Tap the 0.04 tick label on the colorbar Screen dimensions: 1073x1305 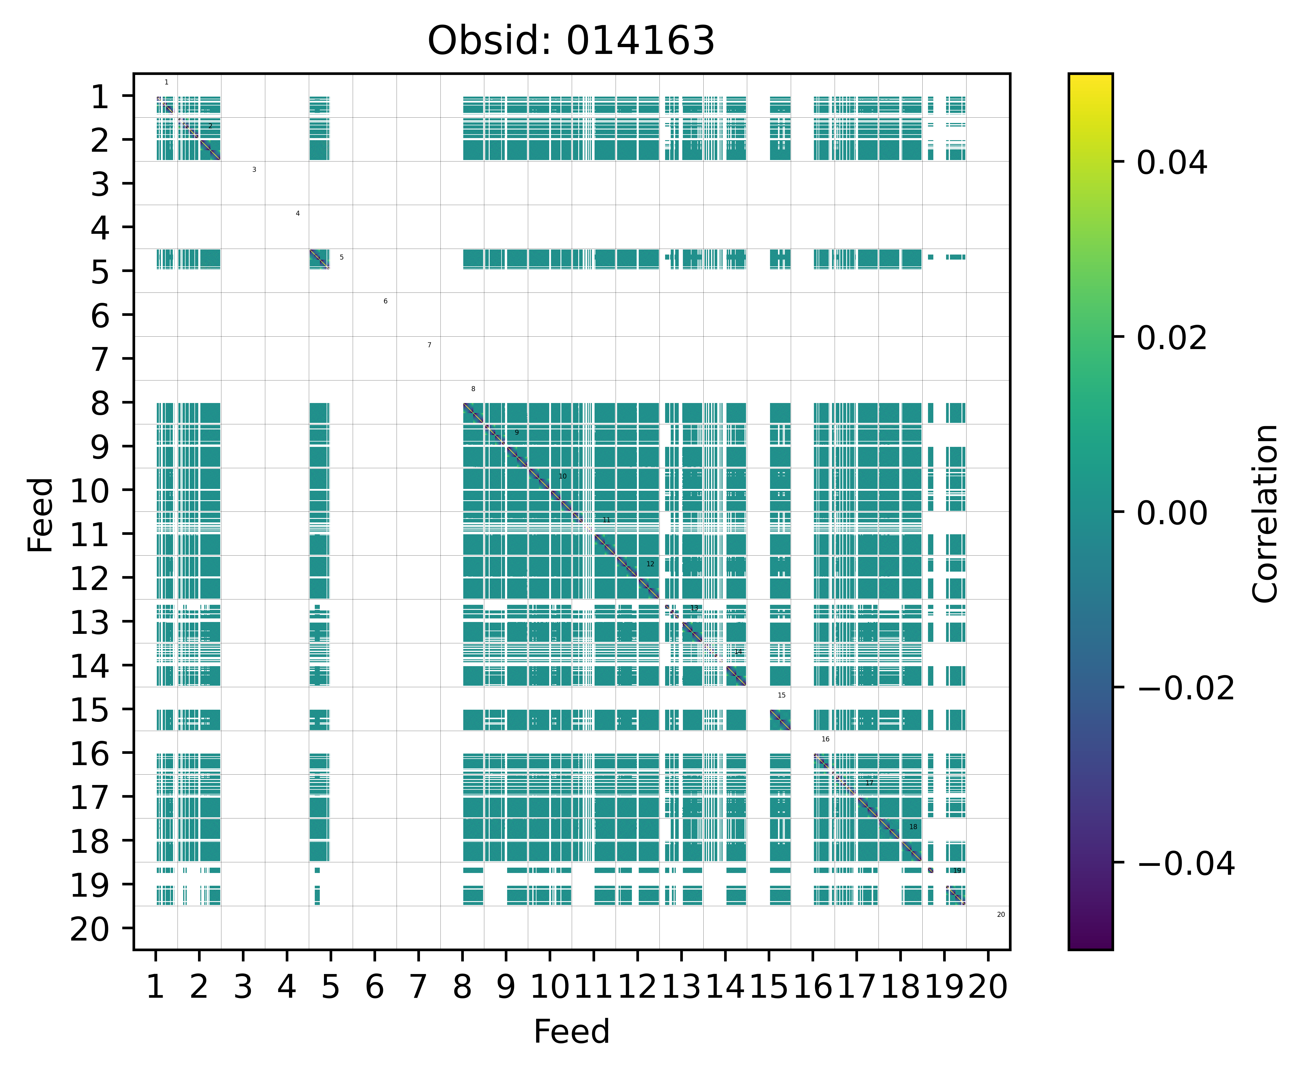[x=1171, y=163]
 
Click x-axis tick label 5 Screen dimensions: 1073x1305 [x=330, y=987]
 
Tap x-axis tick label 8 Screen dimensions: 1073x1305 [x=462, y=987]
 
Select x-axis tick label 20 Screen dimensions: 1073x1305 [x=987, y=987]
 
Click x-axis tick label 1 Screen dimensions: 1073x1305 [x=155, y=987]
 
